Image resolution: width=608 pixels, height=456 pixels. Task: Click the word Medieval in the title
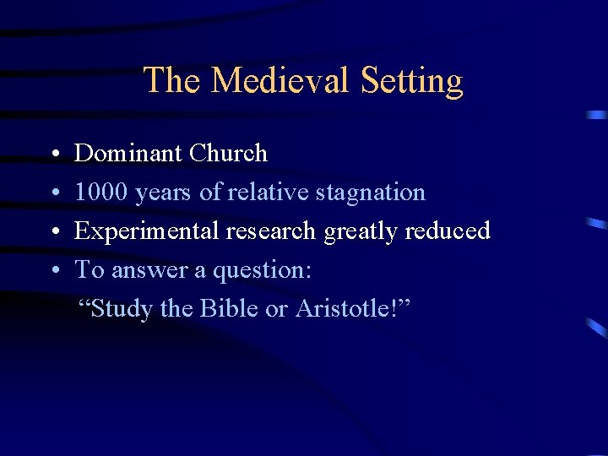point(280,81)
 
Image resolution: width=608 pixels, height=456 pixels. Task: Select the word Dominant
point(128,154)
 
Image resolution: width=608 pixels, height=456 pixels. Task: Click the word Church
point(228,154)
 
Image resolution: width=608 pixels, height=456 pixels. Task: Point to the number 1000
point(101,193)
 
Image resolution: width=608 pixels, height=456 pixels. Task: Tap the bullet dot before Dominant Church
point(53,155)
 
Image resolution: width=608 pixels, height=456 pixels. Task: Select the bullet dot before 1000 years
point(53,194)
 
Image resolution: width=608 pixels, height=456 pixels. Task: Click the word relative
point(268,193)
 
